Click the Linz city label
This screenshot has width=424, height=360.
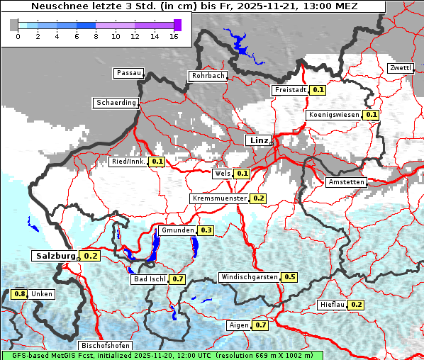tap(259, 140)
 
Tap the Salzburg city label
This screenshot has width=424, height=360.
tap(55, 256)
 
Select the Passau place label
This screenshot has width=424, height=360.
tap(128, 73)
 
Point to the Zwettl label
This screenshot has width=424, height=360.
tap(400, 68)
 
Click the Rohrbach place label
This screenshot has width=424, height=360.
tap(207, 76)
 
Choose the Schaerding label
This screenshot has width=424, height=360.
tap(116, 103)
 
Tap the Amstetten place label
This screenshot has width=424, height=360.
tap(346, 182)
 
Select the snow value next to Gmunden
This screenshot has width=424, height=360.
tap(206, 230)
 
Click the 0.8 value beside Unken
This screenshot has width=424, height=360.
tap(20, 294)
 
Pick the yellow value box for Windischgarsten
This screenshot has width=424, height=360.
tap(290, 276)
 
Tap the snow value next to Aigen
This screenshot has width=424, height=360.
tap(260, 325)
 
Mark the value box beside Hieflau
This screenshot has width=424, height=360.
tap(357, 305)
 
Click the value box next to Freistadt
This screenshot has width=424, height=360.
tap(318, 90)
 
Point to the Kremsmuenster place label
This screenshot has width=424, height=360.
tap(220, 198)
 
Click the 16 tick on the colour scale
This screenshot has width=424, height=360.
tap(174, 36)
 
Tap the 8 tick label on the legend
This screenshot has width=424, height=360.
tap(95, 36)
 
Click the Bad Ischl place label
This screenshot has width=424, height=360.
tap(149, 279)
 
